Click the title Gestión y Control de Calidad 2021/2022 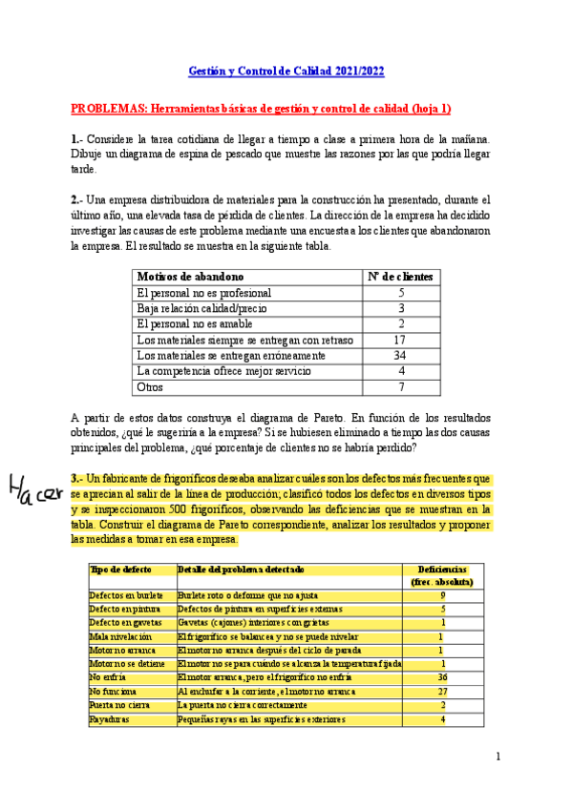(286, 72)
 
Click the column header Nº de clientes (401, 276)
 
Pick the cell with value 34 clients (401, 355)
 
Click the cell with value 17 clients (401, 339)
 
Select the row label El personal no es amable (190, 323)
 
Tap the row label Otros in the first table (151, 387)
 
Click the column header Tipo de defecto (119, 569)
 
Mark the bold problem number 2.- (77, 199)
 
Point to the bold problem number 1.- (77, 139)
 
